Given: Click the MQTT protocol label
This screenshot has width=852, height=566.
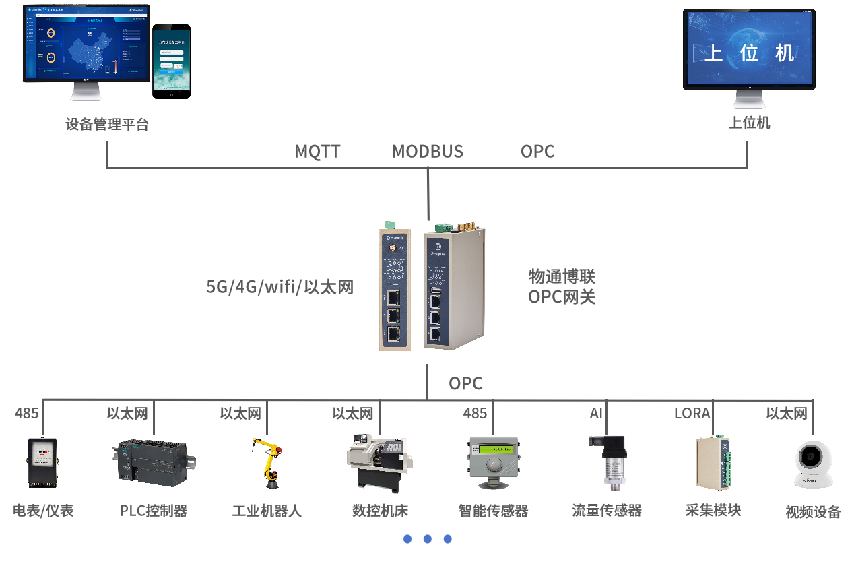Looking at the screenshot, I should click(317, 151).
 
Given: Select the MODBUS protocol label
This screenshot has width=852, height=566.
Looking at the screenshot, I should click(428, 151).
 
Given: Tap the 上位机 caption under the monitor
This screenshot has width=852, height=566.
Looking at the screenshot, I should click(749, 123).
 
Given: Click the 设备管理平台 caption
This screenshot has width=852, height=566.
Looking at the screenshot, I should click(107, 125).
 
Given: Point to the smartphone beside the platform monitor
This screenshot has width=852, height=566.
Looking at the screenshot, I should click(171, 61).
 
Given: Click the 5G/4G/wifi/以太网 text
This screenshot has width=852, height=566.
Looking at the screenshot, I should click(280, 287).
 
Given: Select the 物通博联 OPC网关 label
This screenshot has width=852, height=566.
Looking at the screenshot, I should click(562, 286).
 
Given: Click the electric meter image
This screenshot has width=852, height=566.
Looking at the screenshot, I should click(42, 462).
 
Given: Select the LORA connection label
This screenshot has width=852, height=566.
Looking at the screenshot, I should click(692, 413).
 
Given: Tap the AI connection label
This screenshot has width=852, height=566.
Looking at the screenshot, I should click(596, 413).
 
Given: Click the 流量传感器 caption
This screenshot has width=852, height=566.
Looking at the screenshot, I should click(606, 511).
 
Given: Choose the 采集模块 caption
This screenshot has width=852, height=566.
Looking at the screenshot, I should click(713, 510).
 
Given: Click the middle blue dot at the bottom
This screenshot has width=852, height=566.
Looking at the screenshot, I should click(427, 539).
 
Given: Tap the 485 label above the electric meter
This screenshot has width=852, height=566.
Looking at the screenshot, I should click(27, 413).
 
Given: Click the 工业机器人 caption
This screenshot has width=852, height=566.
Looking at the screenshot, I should click(267, 511).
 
